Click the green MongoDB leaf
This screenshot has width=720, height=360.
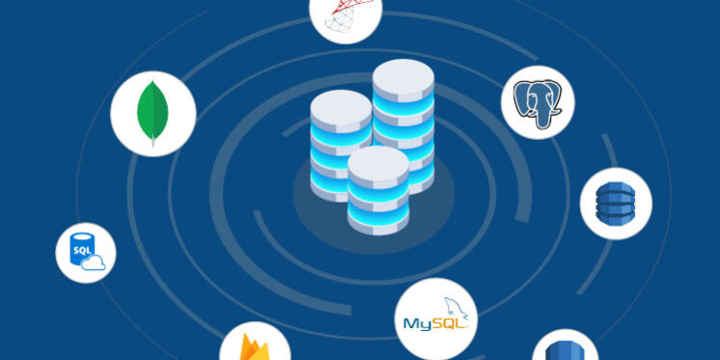[152, 113]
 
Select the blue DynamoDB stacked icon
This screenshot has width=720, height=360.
[616, 203]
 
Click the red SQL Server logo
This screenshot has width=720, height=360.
[345, 12]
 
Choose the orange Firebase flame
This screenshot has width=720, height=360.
[254, 346]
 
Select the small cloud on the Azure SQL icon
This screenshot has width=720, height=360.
[94, 263]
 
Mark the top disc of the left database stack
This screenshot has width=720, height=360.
[341, 105]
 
